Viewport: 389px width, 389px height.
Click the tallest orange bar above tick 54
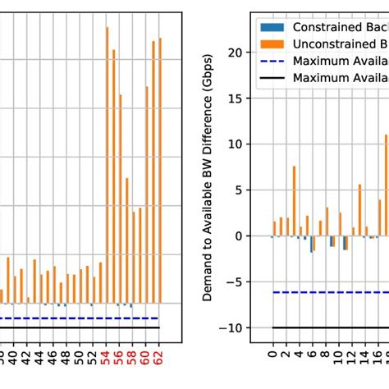pyautogui.click(x=108, y=164)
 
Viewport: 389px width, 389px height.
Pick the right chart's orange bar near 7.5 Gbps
pyautogui.click(x=294, y=201)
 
